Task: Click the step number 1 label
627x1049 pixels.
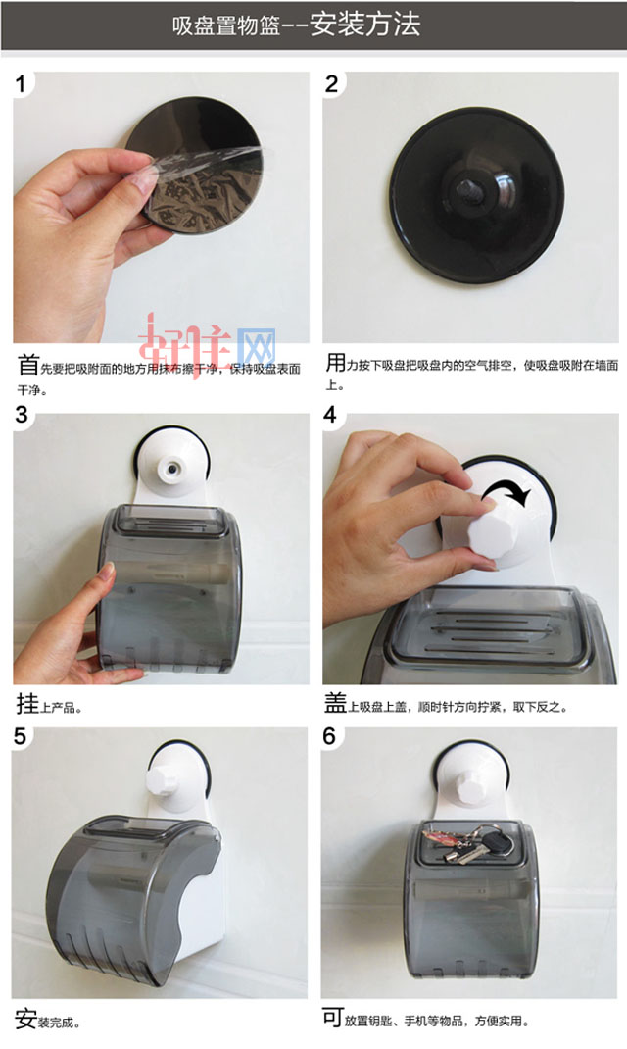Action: [22, 83]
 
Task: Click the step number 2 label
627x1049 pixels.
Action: [331, 83]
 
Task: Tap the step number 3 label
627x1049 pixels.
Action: [22, 414]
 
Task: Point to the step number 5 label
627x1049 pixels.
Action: [22, 736]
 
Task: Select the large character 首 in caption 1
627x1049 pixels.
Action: [28, 367]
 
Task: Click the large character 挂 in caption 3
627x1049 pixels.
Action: [27, 703]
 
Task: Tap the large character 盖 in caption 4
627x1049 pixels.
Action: [335, 703]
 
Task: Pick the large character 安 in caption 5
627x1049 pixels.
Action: [26, 1019]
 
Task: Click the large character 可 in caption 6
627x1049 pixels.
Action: [333, 1019]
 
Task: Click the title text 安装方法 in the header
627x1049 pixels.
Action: [364, 25]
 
